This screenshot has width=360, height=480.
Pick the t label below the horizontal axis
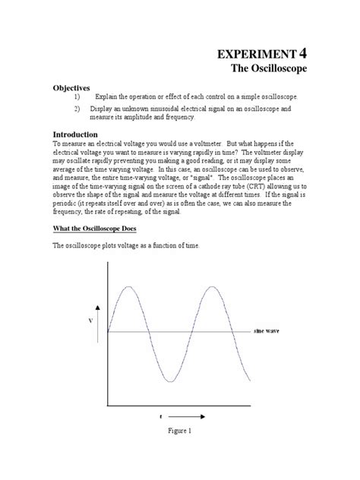click(x=161, y=417)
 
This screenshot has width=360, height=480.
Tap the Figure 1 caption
click(x=181, y=452)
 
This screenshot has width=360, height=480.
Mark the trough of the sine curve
click(x=170, y=380)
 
